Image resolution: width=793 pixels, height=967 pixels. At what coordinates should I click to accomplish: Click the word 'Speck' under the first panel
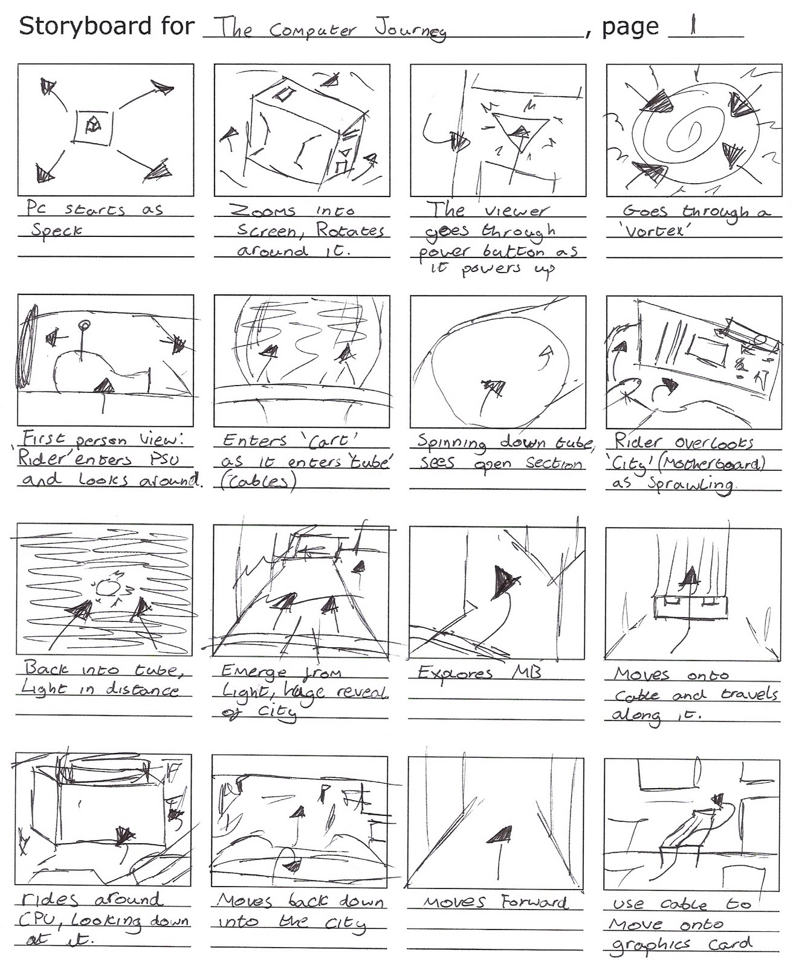(57, 230)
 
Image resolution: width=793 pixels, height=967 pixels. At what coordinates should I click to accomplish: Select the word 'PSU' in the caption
(164, 459)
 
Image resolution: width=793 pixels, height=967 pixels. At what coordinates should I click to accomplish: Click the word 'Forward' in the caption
(534, 902)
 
